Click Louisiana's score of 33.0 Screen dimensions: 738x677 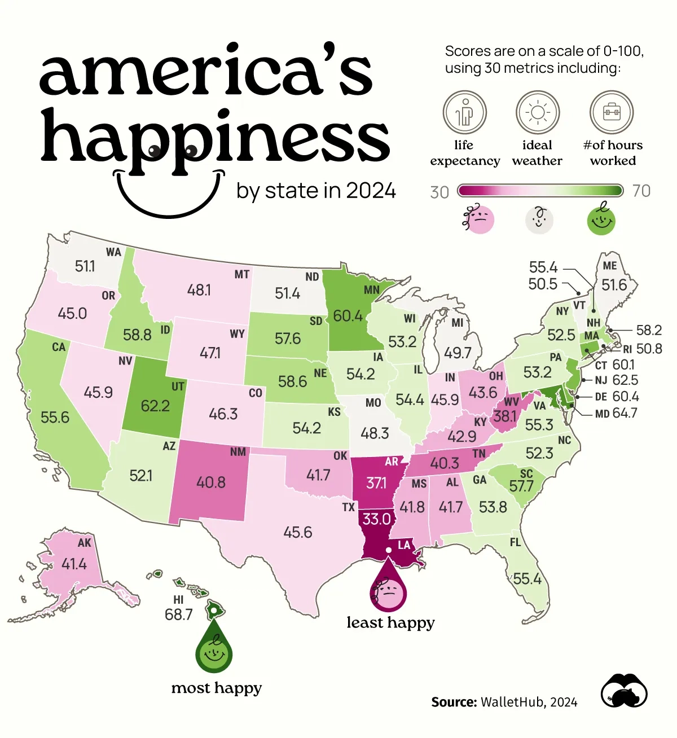tap(376, 519)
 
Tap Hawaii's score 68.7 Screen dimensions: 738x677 tap(178, 614)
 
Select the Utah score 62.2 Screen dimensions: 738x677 tap(155, 406)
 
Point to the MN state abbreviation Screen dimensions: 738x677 tap(372, 290)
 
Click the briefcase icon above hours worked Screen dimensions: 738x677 tap(612, 112)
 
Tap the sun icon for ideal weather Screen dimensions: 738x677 tap(538, 112)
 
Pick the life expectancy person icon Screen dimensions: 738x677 tap(464, 112)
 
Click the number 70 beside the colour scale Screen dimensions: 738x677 tap(641, 191)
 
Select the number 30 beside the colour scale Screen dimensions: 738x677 tap(439, 192)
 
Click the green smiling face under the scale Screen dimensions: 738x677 tap(601, 219)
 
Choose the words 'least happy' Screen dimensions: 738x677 tap(390, 622)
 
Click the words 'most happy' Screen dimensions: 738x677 tap(217, 688)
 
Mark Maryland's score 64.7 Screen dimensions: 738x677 tap(625, 413)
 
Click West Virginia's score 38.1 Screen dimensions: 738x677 tap(505, 416)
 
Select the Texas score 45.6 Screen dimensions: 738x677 tap(297, 532)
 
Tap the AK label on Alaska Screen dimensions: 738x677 tap(84, 543)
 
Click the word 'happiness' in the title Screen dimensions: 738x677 tap(215, 138)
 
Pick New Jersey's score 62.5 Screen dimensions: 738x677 tap(625, 380)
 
